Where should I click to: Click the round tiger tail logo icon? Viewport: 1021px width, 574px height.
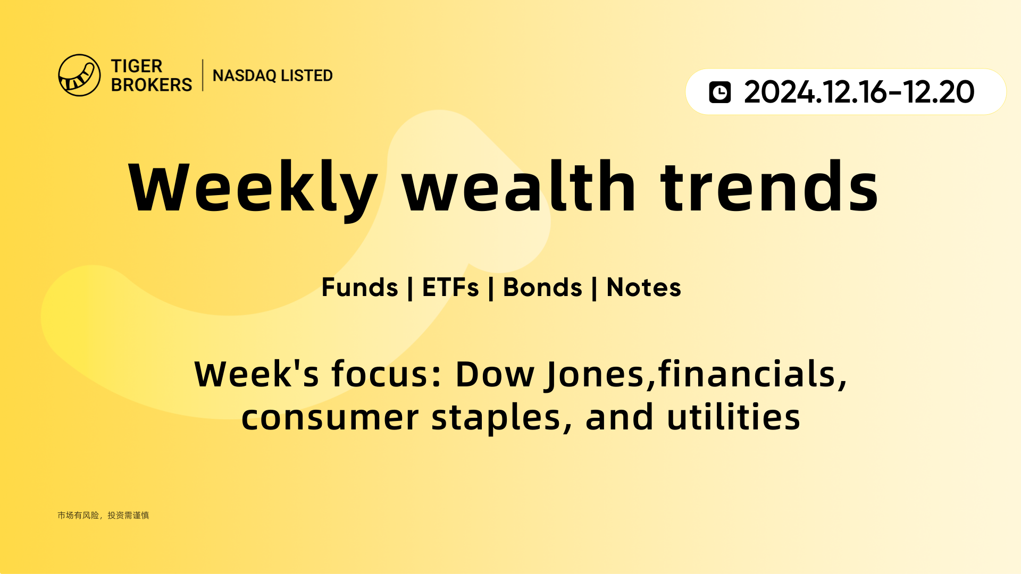pyautogui.click(x=79, y=75)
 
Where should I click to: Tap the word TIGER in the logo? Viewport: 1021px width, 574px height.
pyautogui.click(x=137, y=66)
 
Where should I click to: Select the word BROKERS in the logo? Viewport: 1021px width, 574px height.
pyautogui.click(x=152, y=85)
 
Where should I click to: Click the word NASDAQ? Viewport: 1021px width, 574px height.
pyautogui.click(x=245, y=75)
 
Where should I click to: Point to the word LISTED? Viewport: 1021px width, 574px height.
pyautogui.click(x=307, y=75)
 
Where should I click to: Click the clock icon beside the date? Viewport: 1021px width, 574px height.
pyautogui.click(x=720, y=92)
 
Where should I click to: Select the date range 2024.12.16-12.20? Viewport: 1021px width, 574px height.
pyautogui.click(x=859, y=92)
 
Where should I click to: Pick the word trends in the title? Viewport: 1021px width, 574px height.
pyautogui.click(x=769, y=186)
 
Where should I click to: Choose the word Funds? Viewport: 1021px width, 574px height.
pyautogui.click(x=360, y=288)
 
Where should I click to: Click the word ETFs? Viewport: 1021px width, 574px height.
pyautogui.click(x=450, y=288)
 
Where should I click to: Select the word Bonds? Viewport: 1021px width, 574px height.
pyautogui.click(x=543, y=288)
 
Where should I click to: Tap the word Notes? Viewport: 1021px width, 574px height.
pyautogui.click(x=644, y=288)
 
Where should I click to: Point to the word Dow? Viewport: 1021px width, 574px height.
pyautogui.click(x=495, y=374)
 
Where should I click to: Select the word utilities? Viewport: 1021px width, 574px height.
pyautogui.click(x=734, y=417)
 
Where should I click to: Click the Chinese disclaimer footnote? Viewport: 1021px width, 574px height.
pyautogui.click(x=103, y=515)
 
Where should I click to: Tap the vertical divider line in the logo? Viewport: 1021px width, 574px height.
pyautogui.click(x=203, y=75)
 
